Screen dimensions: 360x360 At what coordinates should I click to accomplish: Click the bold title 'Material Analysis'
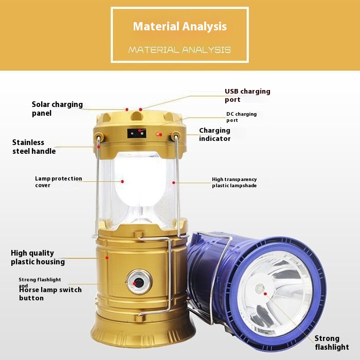coord(180,26)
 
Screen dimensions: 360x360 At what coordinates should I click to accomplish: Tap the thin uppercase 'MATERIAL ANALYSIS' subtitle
coord(179,50)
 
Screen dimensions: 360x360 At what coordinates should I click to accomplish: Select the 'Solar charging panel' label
coord(57,109)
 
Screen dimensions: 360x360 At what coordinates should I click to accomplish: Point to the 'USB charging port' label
coord(247,95)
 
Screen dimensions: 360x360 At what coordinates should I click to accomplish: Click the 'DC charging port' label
coord(241,117)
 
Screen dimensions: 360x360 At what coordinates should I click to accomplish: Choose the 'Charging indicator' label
coord(214,134)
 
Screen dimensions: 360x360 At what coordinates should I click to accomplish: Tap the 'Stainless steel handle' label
coord(34,147)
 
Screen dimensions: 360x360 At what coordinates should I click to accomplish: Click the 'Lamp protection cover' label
coord(59,182)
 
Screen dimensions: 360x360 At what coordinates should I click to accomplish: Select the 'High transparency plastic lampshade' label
coord(234,182)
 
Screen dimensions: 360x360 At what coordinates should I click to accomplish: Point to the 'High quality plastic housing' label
coord(38,257)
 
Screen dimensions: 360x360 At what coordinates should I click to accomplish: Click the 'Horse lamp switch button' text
coord(50,294)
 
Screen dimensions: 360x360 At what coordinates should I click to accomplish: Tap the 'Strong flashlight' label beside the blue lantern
coord(332,343)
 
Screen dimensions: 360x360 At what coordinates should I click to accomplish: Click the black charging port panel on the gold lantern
coord(137,133)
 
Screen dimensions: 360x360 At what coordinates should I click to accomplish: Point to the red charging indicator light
coord(158,134)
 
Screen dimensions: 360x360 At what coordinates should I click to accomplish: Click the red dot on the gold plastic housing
coord(107,258)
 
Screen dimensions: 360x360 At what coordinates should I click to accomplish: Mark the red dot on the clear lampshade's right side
coord(174,183)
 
